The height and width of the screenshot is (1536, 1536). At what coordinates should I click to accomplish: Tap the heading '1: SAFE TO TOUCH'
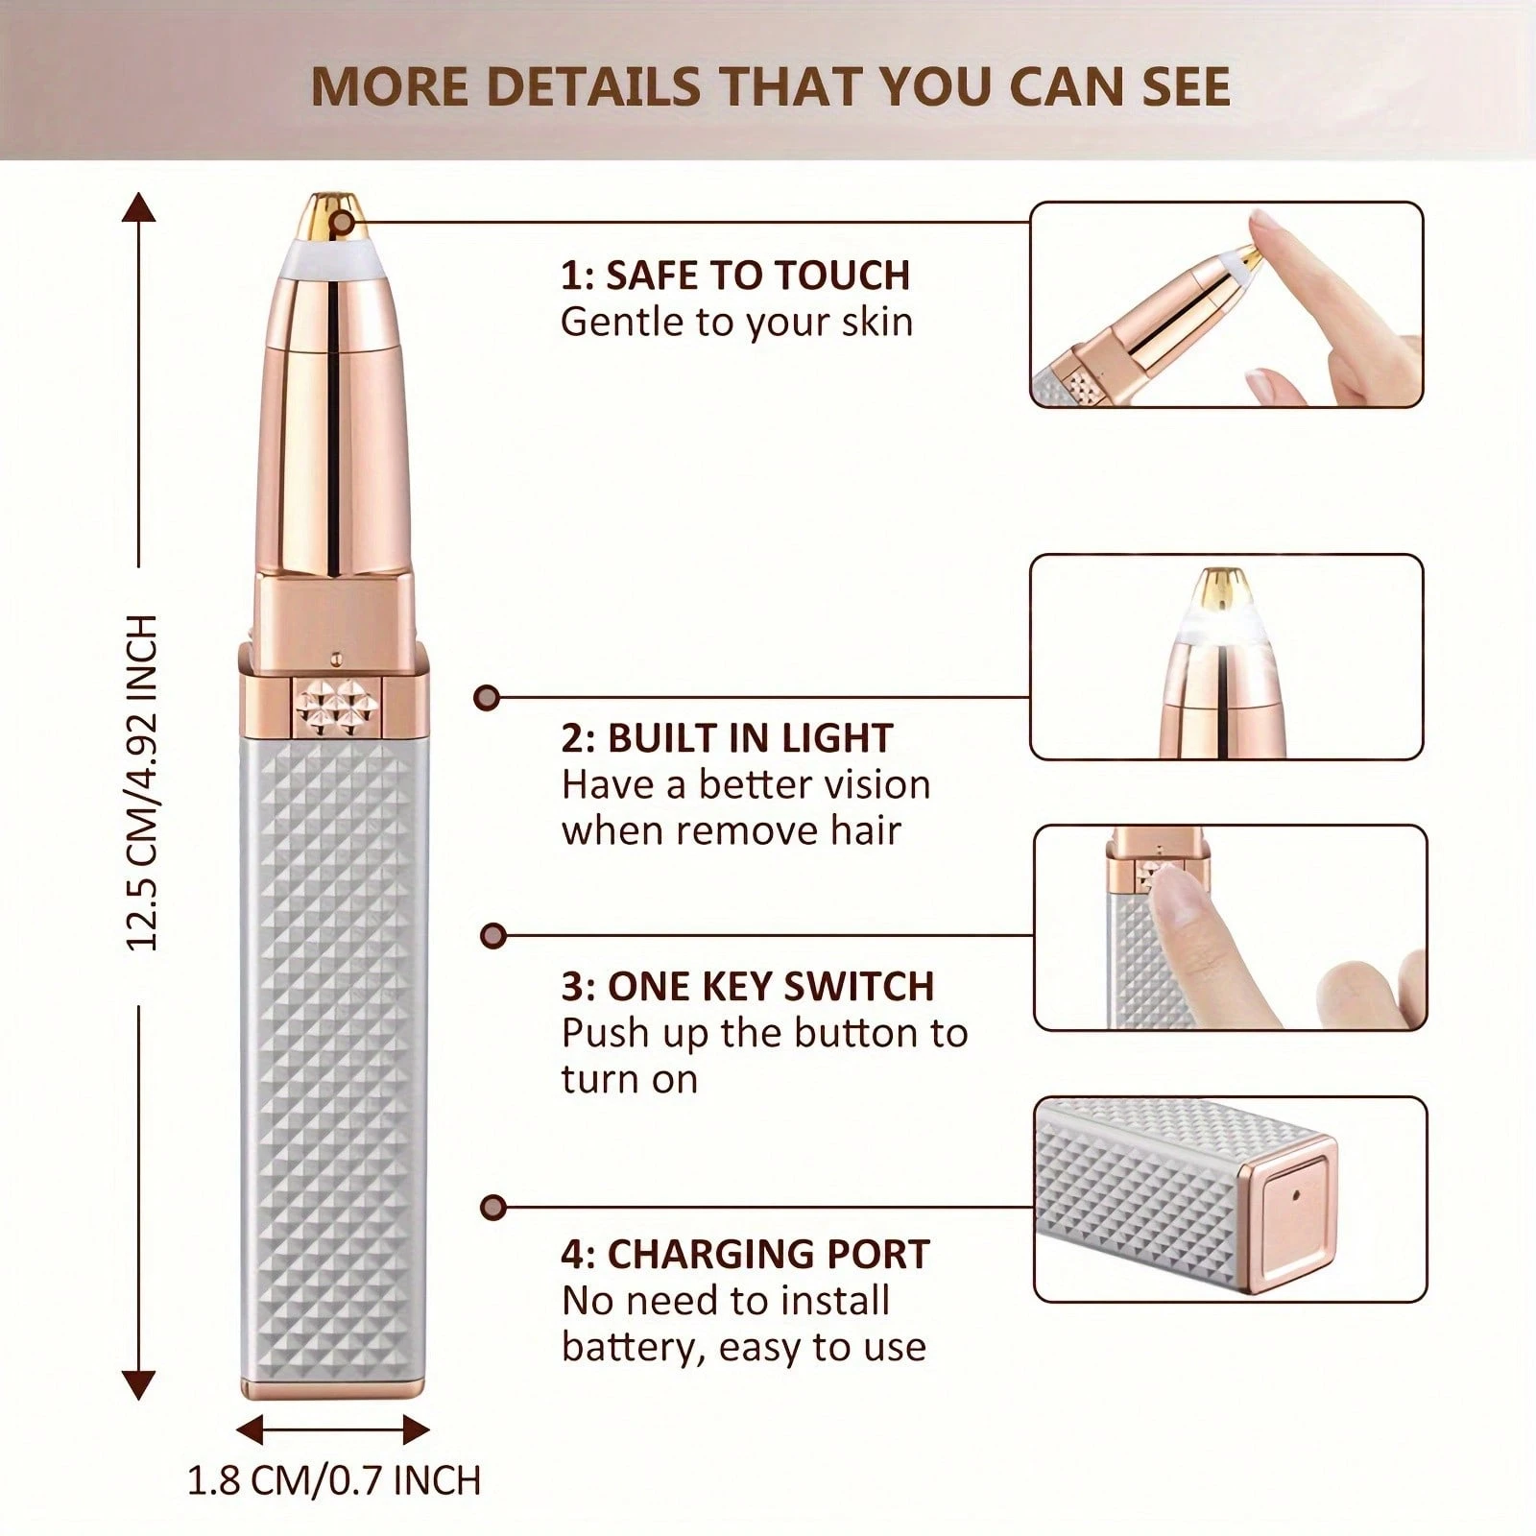(x=735, y=276)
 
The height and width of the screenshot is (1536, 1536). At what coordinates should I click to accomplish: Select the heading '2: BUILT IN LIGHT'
(x=728, y=738)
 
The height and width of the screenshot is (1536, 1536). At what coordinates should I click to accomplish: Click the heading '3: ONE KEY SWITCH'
(x=748, y=987)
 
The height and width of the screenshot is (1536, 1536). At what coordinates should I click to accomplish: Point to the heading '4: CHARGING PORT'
(x=746, y=1255)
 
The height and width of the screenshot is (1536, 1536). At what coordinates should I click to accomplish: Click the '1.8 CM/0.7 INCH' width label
(x=333, y=1479)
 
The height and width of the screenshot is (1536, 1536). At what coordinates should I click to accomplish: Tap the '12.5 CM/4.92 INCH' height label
(x=142, y=782)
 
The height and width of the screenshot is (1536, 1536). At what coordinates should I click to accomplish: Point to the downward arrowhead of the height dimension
(x=139, y=1384)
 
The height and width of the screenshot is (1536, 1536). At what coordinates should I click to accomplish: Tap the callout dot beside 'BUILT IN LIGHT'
(x=487, y=698)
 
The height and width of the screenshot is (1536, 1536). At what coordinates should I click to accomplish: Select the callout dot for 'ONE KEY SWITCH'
(x=492, y=935)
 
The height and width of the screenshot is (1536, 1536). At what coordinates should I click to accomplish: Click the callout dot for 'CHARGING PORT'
(x=492, y=1207)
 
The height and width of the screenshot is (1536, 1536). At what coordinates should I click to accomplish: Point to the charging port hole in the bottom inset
(x=1296, y=1195)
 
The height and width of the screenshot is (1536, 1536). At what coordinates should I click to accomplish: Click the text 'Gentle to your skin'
(x=736, y=323)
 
